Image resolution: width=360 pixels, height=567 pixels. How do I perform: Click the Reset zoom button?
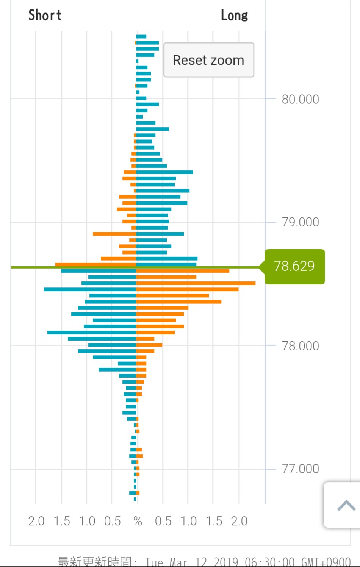(x=208, y=60)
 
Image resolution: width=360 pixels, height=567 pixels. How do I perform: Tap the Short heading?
(x=45, y=16)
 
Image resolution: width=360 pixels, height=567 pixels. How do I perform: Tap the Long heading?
(x=234, y=16)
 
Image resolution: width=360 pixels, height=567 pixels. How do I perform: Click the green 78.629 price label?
(x=294, y=266)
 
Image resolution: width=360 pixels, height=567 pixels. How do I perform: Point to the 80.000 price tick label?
(x=300, y=99)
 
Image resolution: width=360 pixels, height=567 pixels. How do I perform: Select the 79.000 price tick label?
(x=300, y=222)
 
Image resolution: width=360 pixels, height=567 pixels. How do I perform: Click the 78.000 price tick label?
(x=300, y=346)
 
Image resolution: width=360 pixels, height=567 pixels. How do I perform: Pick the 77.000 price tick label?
(x=300, y=469)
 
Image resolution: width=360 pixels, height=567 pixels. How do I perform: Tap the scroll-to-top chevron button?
(x=346, y=505)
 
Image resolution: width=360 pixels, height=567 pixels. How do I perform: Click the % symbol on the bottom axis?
(x=138, y=521)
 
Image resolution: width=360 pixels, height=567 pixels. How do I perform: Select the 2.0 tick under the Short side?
(x=36, y=521)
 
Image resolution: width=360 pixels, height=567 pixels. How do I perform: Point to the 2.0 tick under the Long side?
(x=239, y=521)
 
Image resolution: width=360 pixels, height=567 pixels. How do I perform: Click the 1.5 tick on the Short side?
(x=62, y=521)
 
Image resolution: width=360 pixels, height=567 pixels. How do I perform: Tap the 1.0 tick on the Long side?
(x=188, y=521)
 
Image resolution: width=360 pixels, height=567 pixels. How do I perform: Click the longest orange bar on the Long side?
(x=196, y=283)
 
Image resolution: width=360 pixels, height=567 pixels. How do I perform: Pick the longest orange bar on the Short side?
(x=95, y=265)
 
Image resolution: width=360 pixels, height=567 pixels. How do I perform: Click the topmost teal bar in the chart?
(x=141, y=37)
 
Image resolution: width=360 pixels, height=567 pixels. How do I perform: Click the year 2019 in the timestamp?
(x=226, y=562)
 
